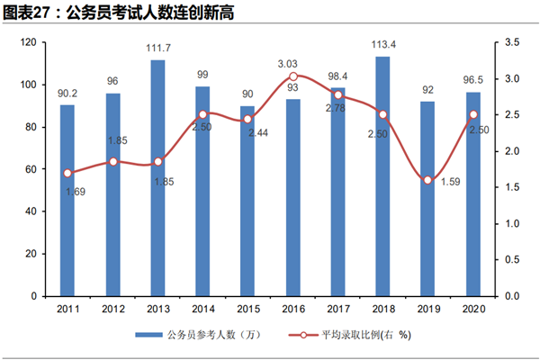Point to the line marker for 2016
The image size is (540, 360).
pos(292,76)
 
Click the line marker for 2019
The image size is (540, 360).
pos(427,180)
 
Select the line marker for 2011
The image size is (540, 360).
pos(67,173)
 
